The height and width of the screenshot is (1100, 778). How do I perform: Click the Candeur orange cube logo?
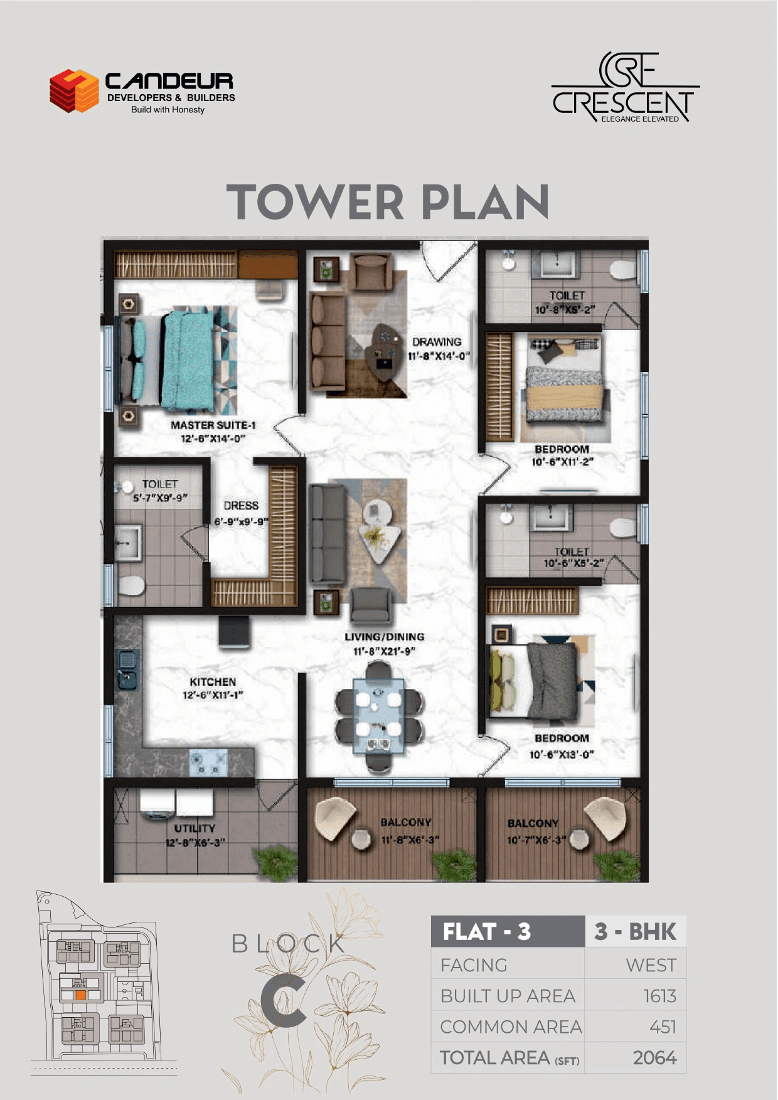[x=75, y=91]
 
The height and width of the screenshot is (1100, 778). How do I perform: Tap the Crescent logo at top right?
[x=625, y=88]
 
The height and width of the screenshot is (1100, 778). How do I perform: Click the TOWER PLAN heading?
[x=388, y=202]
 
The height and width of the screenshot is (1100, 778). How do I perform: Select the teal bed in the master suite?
[x=188, y=361]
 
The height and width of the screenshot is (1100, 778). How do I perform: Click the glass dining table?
[x=378, y=715]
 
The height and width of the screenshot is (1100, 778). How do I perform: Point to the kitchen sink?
[x=127, y=668]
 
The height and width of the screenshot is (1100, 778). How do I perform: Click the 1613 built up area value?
[x=659, y=996]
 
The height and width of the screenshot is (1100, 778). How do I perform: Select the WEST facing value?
[x=651, y=965]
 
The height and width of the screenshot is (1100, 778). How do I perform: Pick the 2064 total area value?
[x=654, y=1058]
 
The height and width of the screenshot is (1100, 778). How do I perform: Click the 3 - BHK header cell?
[x=635, y=932]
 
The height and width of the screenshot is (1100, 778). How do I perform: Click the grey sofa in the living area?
[x=326, y=533]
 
